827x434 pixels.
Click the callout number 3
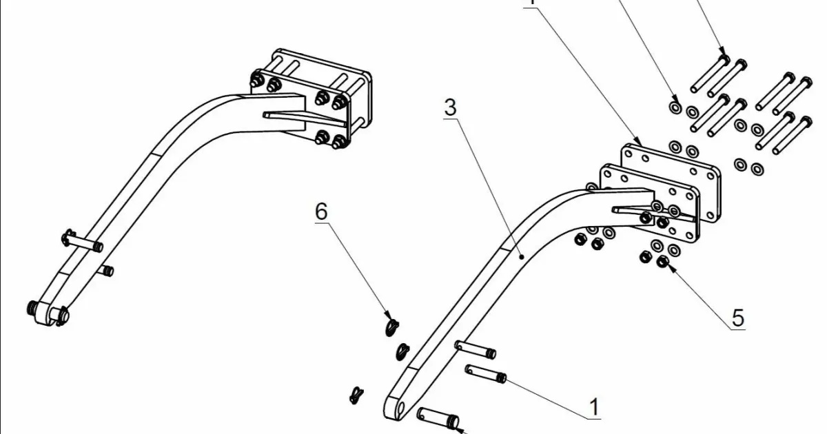click(x=450, y=107)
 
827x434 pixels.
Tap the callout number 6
click(x=321, y=211)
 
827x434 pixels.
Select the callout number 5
click(x=737, y=318)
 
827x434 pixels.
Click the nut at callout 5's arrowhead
click(x=663, y=262)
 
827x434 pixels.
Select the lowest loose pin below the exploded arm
click(x=438, y=416)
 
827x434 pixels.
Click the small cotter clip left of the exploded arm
click(x=356, y=395)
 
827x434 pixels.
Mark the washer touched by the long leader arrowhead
click(x=675, y=107)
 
